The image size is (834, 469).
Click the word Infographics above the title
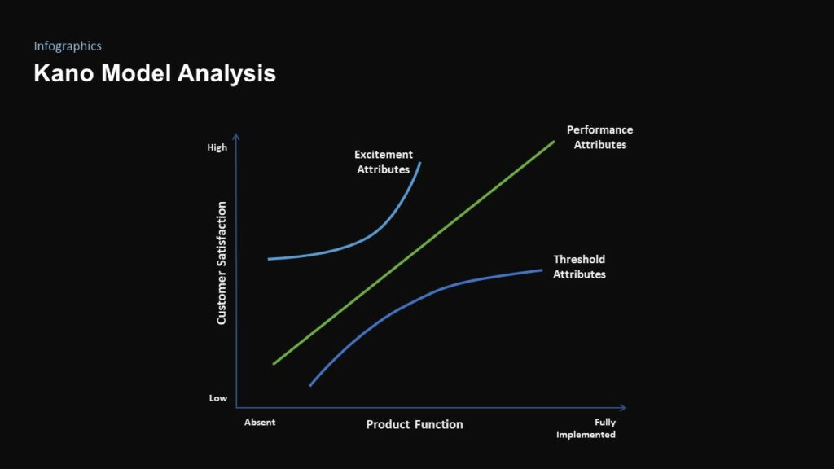[68, 46]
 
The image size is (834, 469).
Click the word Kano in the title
[61, 73]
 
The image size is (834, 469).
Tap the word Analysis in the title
[226, 73]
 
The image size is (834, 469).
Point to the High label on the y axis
[217, 148]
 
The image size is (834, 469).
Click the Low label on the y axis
[218, 398]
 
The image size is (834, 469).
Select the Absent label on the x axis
[260, 423]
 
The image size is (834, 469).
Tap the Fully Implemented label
[586, 428]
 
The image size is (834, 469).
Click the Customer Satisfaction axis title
[222, 263]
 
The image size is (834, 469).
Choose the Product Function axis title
[415, 424]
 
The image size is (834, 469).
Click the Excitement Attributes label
[384, 162]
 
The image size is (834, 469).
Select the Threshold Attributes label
[579, 267]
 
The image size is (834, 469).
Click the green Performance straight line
[413, 252]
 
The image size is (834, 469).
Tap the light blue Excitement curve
[350, 246]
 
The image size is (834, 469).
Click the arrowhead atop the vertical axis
[236, 137]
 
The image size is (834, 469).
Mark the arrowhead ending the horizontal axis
[623, 407]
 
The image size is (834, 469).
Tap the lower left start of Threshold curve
[310, 385]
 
